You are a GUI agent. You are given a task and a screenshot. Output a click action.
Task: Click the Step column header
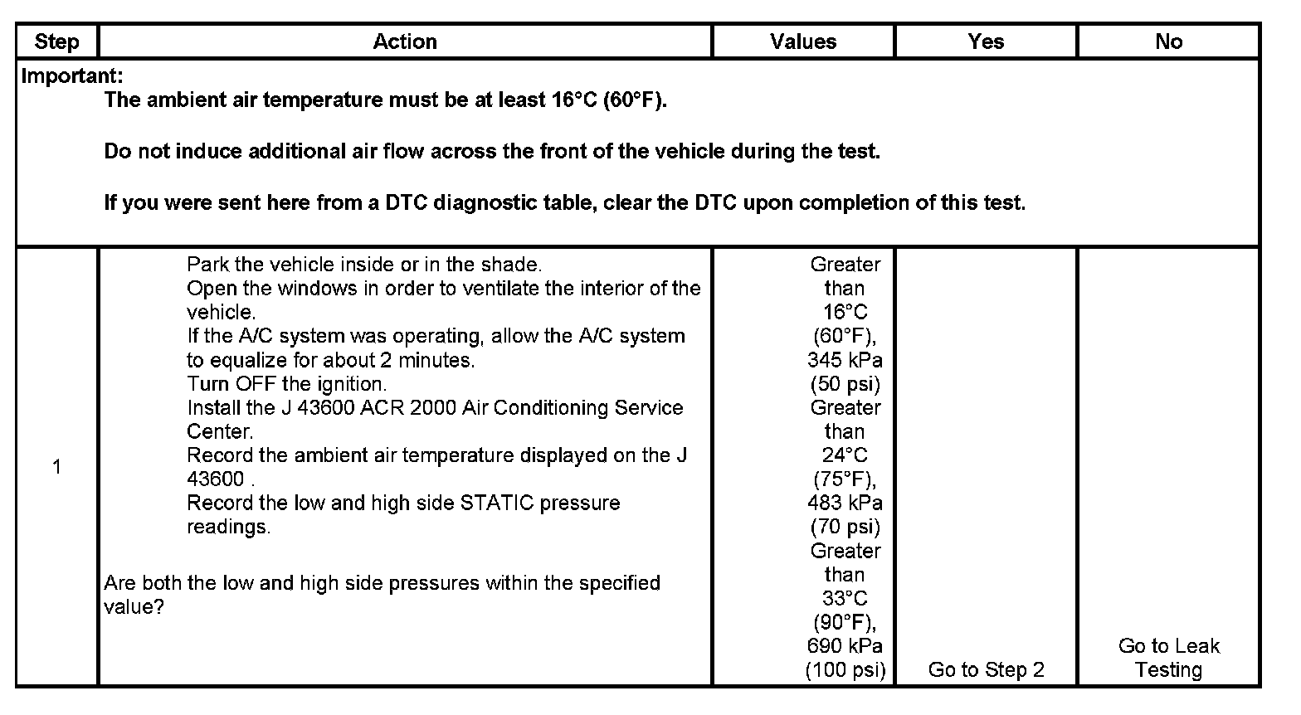[56, 41]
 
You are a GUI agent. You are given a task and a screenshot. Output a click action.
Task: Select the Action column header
[405, 41]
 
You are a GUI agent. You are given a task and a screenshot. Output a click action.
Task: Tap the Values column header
[803, 41]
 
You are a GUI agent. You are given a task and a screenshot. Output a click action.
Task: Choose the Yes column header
[986, 41]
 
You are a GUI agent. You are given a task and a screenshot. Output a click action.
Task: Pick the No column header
[1168, 41]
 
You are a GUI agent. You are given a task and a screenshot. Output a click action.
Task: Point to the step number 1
[56, 467]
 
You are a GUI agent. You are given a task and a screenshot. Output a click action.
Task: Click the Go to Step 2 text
[986, 669]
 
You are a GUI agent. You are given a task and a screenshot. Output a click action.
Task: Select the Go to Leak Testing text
[1168, 658]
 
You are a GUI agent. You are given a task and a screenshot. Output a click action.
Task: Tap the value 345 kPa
[845, 360]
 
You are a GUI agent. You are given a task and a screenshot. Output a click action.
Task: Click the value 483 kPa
[845, 503]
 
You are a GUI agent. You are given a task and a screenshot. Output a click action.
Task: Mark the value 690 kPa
[845, 645]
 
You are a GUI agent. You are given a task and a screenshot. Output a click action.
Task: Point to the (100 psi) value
[845, 669]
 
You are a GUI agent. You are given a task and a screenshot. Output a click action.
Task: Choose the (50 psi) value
[845, 384]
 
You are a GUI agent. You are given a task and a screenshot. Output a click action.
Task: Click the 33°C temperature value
[845, 598]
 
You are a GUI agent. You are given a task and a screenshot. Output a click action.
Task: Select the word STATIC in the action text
[497, 503]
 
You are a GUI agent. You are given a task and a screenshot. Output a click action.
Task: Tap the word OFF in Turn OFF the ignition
[256, 384]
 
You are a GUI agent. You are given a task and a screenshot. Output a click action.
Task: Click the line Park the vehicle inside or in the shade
[363, 265]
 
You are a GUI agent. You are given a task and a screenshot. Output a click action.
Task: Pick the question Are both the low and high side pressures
[382, 583]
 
